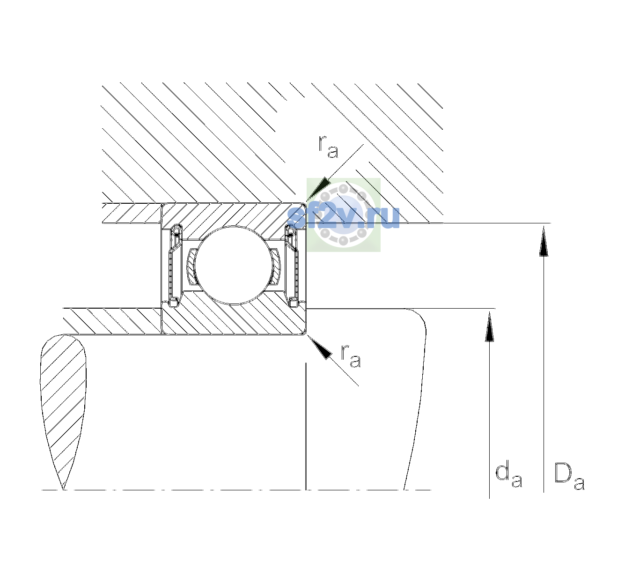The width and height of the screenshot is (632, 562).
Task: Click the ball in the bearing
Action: tap(233, 265)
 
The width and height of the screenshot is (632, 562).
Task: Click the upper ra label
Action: tap(328, 147)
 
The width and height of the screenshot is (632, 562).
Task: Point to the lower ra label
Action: tap(351, 356)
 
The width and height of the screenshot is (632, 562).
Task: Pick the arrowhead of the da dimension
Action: tap(489, 326)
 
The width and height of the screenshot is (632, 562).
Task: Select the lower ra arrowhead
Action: tap(319, 347)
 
